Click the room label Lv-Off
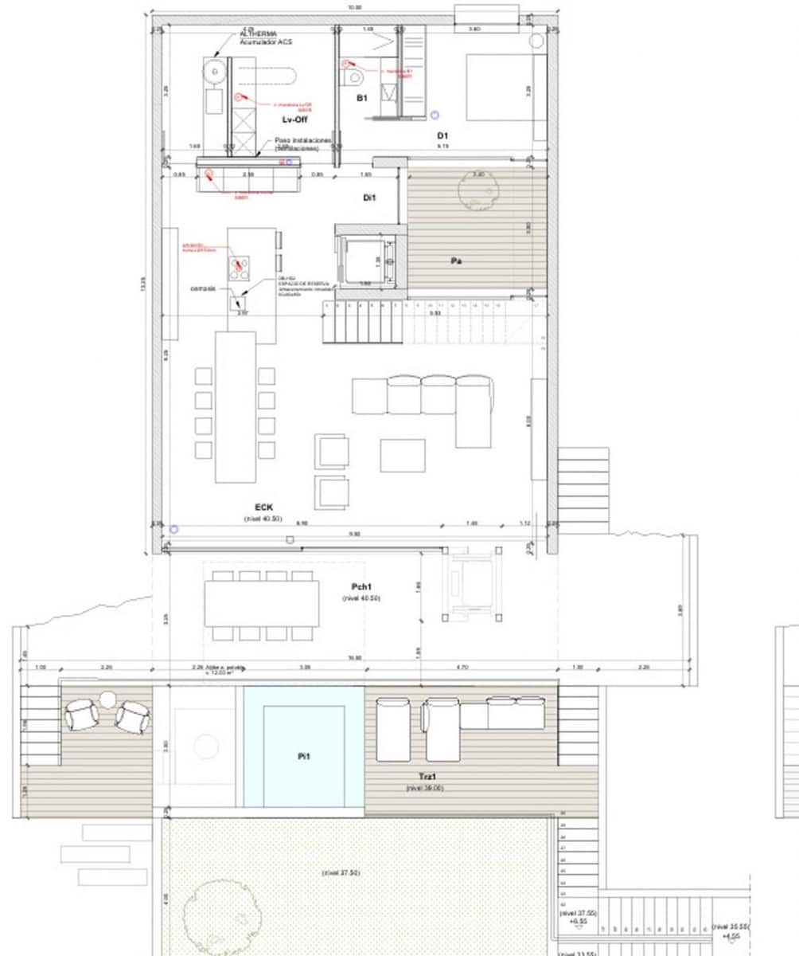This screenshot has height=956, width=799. coord(294,119)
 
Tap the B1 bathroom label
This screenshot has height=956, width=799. coord(361,98)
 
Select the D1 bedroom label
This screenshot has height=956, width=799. coord(443,135)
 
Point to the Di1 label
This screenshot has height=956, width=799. coord(369,197)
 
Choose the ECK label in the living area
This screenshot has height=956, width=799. coord(264,507)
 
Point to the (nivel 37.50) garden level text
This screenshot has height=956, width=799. coord(341,872)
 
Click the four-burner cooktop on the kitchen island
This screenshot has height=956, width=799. coord(240,268)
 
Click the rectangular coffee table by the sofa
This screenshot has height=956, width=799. coord(402,456)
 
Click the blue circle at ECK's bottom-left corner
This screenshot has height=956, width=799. coord(174,529)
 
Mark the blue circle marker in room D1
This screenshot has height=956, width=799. coord(435,116)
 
